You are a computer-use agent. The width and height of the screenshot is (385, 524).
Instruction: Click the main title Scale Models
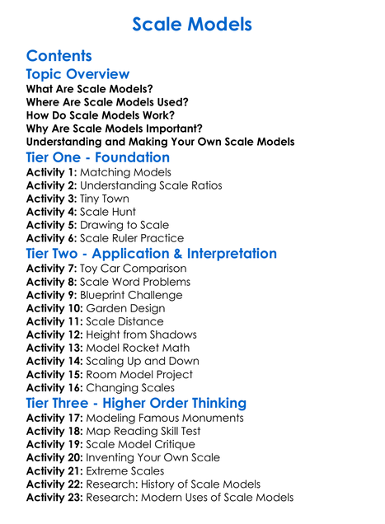(x=192, y=25)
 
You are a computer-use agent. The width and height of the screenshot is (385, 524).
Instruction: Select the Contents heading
(x=59, y=56)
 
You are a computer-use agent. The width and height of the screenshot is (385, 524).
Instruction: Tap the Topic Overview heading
(x=77, y=74)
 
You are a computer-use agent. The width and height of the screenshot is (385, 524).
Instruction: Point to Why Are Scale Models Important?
(x=114, y=129)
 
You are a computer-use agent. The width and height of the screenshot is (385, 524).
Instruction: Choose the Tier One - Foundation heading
(x=97, y=157)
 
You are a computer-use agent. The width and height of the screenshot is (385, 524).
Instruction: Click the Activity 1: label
(x=51, y=172)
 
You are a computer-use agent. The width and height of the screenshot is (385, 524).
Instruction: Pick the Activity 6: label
(x=51, y=238)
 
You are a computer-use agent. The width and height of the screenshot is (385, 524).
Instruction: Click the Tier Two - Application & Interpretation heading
(x=151, y=254)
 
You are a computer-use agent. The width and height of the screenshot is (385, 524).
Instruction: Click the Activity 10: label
(x=54, y=308)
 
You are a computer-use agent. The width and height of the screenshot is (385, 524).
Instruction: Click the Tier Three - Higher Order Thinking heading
(x=136, y=403)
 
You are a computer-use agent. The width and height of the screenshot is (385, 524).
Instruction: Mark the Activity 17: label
(x=54, y=418)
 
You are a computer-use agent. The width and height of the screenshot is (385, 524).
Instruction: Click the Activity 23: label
(x=54, y=497)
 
